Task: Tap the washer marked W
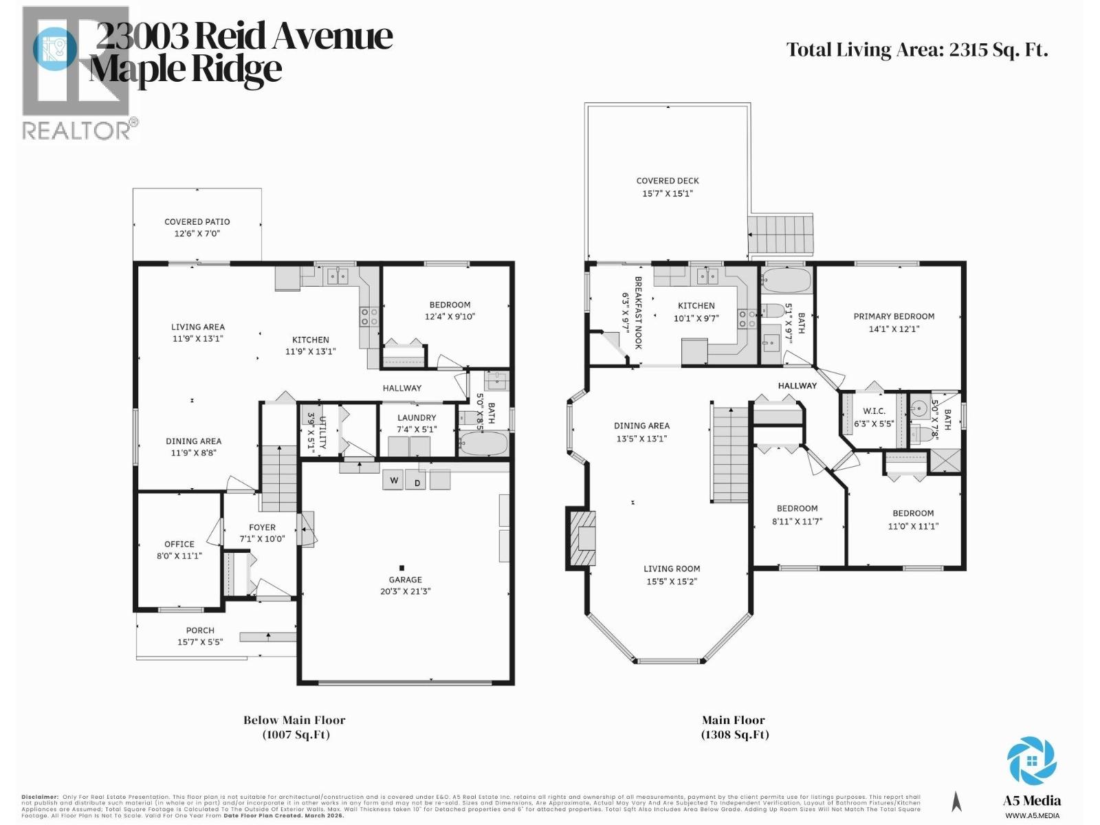pyautogui.click(x=394, y=480)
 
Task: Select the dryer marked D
pyautogui.click(x=417, y=482)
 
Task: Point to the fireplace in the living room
pyautogui.click(x=582, y=538)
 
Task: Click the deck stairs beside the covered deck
pyautogui.click(x=780, y=235)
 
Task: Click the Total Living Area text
pyautogui.click(x=916, y=50)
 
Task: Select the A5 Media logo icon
pyautogui.click(x=1031, y=760)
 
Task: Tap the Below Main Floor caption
pyautogui.click(x=294, y=720)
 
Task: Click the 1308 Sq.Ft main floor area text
pyautogui.click(x=734, y=734)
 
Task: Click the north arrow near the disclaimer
pyautogui.click(x=956, y=802)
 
